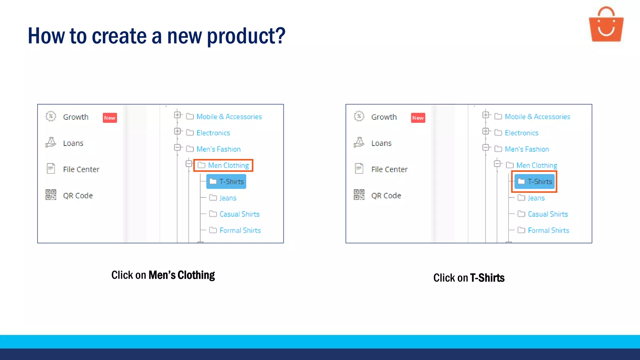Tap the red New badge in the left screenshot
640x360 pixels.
click(110, 118)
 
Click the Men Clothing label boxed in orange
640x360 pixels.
click(228, 165)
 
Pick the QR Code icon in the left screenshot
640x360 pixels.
click(51, 195)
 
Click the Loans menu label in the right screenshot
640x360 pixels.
click(381, 143)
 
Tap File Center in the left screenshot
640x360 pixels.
click(81, 169)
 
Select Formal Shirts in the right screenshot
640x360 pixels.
click(548, 230)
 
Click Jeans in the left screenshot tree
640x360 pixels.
click(228, 198)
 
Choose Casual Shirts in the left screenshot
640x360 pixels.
click(239, 214)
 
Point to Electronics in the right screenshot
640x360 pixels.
click(521, 133)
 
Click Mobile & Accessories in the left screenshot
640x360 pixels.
click(229, 117)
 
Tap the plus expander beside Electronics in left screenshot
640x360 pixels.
click(177, 131)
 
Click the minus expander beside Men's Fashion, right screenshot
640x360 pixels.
click(486, 147)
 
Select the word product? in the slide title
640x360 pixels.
click(246, 36)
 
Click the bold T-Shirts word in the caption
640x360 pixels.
click(487, 278)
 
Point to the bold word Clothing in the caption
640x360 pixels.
click(196, 275)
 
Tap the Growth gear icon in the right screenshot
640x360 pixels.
click(359, 116)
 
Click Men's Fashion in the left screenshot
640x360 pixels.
click(218, 149)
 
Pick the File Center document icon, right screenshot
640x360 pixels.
click(359, 169)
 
